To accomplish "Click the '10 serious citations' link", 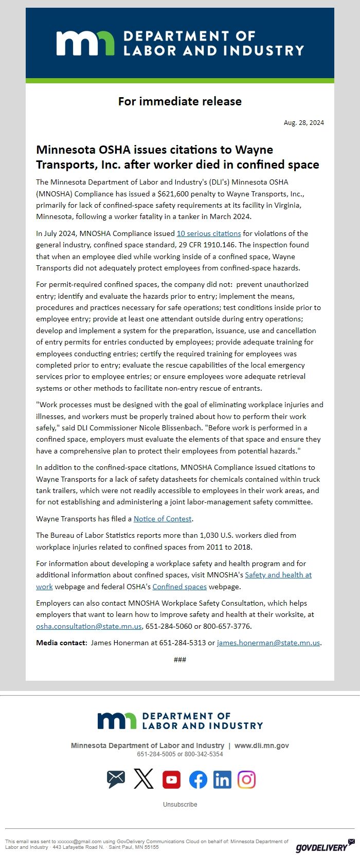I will click(209, 233).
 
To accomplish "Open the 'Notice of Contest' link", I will click(163, 519).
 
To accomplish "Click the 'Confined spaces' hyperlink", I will click(179, 587).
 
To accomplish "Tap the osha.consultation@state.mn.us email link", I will click(88, 626).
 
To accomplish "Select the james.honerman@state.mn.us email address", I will click(268, 643).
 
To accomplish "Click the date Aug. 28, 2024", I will click(303, 122).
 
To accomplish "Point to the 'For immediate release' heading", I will click(180, 101).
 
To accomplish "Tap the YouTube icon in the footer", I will click(171, 780).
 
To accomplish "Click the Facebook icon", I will click(198, 780).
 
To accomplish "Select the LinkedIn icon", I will click(222, 780).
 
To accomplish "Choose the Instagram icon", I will click(246, 780).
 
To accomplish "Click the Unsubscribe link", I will click(180, 805).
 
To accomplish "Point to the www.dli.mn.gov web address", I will click(262, 745).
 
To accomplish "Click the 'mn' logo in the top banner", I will click(85, 43).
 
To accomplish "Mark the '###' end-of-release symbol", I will click(180, 660).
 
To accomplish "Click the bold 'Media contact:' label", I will click(61, 643).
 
